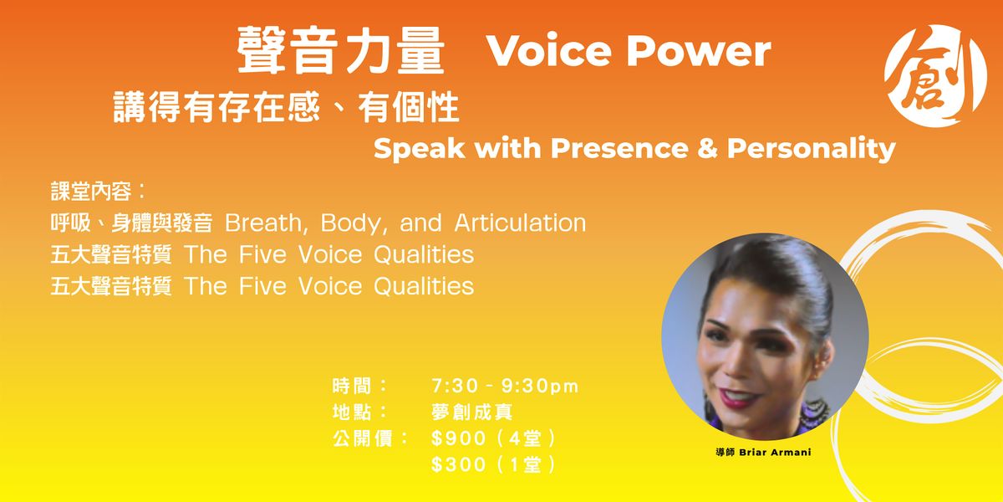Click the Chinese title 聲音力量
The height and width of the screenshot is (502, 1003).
point(341,50)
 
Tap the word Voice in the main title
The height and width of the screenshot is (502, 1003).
point(549,50)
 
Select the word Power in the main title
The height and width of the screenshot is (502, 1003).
point(699,50)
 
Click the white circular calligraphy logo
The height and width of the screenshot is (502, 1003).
point(936,75)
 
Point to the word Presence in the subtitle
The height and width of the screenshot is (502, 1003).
point(619,148)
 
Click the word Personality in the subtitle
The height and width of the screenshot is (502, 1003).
point(812,149)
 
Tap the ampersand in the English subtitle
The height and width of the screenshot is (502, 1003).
point(707,148)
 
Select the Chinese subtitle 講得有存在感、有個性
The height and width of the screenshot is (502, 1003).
point(287,107)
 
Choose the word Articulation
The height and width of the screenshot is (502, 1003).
point(520,223)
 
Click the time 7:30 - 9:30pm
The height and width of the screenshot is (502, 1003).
point(505,386)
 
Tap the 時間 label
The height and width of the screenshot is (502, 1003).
point(352,386)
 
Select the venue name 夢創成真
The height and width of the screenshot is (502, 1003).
point(472,412)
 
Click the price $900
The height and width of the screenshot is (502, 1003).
point(459,438)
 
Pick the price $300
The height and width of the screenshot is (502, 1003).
point(459,464)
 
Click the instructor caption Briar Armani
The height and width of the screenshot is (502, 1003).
point(775,453)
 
